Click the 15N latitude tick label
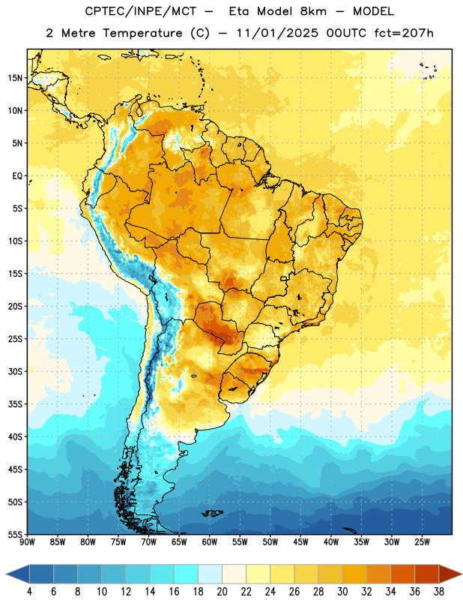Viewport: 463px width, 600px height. [x=15, y=78]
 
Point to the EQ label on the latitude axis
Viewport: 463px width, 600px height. [x=17, y=176]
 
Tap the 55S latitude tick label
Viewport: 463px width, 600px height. [x=15, y=534]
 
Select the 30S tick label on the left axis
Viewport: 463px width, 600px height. [x=15, y=371]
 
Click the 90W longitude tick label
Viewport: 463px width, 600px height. [x=27, y=542]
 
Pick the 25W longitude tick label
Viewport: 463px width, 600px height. [x=422, y=542]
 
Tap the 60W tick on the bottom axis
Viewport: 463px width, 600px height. [x=210, y=542]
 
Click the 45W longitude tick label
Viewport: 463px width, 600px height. [x=300, y=542]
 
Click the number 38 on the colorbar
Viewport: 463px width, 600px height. [x=439, y=592]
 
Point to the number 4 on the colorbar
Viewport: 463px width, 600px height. [x=29, y=592]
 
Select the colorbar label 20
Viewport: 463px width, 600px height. [x=222, y=592]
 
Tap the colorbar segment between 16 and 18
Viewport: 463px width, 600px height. [x=187, y=574]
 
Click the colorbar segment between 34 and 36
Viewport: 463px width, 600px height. [x=403, y=574]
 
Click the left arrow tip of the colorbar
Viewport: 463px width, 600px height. [x=6, y=574]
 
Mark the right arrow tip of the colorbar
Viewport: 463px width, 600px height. [x=462, y=574]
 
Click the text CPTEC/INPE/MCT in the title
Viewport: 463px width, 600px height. [x=141, y=12]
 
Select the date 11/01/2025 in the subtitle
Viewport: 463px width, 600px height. [x=277, y=33]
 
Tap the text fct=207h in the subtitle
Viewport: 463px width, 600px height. [x=404, y=33]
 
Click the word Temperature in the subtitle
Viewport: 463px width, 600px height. [x=142, y=34]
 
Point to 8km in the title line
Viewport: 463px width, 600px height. [x=313, y=11]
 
